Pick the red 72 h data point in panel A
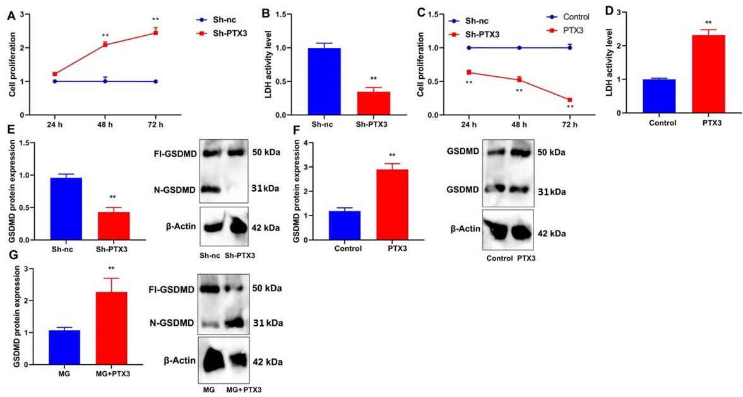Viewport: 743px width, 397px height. [155, 32]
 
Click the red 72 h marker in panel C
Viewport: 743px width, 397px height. [570, 100]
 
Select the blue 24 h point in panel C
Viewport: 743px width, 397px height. [469, 48]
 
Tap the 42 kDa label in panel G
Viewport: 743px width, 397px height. [267, 362]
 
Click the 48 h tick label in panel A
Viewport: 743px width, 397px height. [105, 124]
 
